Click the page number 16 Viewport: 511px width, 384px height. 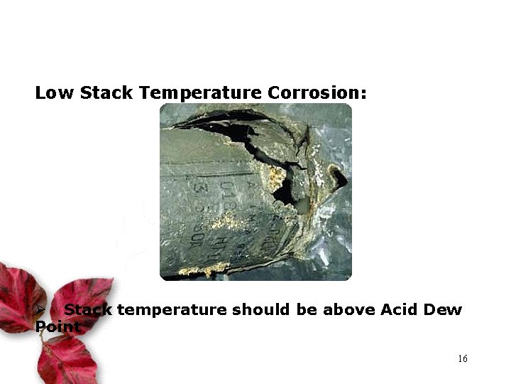[462, 358]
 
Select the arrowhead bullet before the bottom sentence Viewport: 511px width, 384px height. [41, 310]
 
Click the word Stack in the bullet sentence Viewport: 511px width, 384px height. [88, 310]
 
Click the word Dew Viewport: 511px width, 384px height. [444, 310]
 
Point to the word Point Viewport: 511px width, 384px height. [57, 327]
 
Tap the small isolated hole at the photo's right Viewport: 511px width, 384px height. [338, 176]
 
